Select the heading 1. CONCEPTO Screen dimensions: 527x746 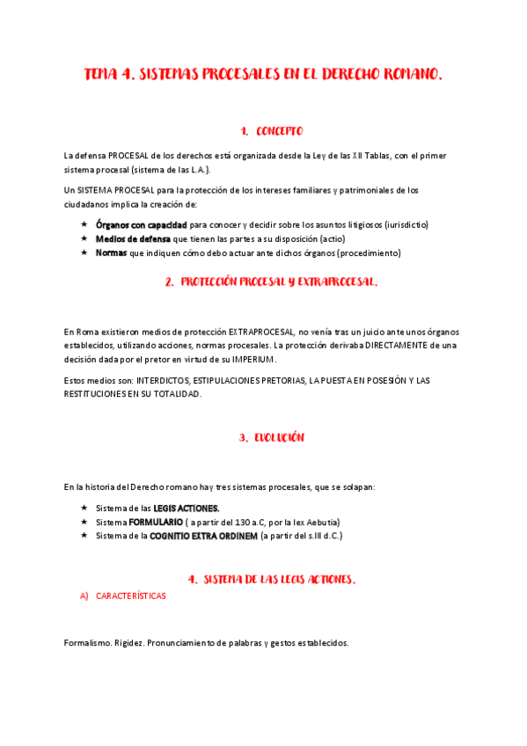[271, 131]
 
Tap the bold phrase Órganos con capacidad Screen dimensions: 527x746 [141, 224]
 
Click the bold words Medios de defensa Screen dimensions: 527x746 [134, 238]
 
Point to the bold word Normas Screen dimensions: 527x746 [111, 252]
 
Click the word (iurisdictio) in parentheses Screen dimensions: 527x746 [402, 224]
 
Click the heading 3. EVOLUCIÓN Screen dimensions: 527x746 [271, 437]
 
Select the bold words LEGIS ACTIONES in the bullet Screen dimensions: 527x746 [187, 508]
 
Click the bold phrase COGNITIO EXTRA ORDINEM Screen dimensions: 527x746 [203, 535]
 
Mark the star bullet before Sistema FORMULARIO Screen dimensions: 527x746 [84, 522]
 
